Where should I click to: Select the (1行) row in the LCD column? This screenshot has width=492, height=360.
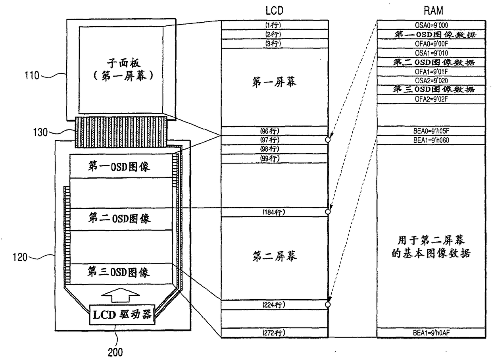[x=274, y=25]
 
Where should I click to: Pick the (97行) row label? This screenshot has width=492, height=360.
[x=274, y=140]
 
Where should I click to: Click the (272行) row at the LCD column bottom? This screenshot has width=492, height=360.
[x=274, y=333]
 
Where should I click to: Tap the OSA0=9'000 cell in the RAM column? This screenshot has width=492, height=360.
[x=431, y=25]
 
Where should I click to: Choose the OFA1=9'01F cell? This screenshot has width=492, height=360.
[x=431, y=71]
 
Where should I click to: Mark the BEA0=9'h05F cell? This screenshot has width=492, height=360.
[x=431, y=131]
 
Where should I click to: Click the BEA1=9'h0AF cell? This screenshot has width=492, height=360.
[x=431, y=333]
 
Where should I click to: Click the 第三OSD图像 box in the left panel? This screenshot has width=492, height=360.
[x=119, y=273]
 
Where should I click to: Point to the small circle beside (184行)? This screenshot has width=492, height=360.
[x=328, y=212]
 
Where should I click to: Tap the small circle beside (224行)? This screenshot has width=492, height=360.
[x=328, y=305]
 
